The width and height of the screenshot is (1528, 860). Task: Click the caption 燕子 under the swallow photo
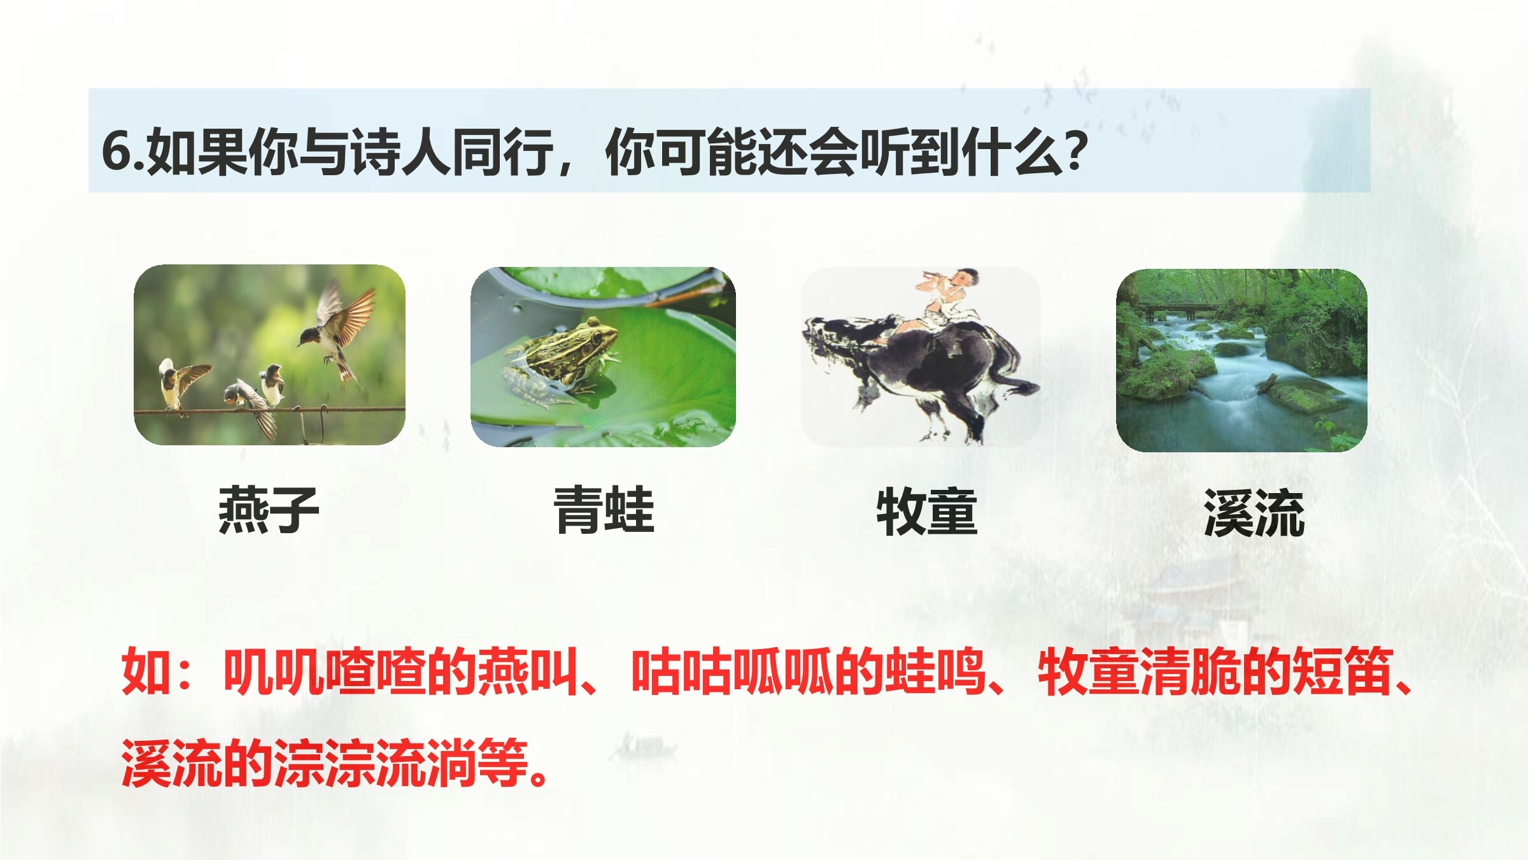click(269, 510)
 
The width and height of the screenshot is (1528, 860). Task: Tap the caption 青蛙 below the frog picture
click(604, 510)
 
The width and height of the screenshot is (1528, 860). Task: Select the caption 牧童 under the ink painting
click(927, 512)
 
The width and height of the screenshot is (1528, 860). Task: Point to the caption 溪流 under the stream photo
click(1254, 513)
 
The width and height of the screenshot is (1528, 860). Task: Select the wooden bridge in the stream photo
click(1178, 310)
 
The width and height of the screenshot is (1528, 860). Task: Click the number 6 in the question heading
click(117, 152)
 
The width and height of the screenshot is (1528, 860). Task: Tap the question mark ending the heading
click(1075, 153)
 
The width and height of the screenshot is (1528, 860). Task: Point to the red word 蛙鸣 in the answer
click(935, 671)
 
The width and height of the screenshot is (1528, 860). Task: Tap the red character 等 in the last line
click(503, 763)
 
